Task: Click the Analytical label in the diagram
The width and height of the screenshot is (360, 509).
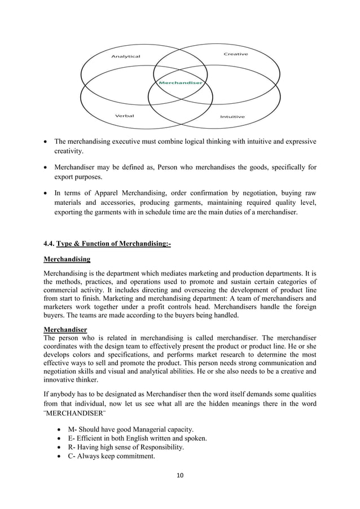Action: click(x=125, y=56)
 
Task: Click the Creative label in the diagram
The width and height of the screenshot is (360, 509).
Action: click(x=235, y=54)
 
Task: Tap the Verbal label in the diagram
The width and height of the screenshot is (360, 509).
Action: click(x=125, y=116)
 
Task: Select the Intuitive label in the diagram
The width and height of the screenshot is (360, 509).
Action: click(x=232, y=117)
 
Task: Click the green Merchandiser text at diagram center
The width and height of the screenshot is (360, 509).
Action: click(x=180, y=83)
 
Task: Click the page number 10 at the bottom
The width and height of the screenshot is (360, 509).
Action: click(x=180, y=475)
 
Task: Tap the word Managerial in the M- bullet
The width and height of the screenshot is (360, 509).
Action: click(x=148, y=429)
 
